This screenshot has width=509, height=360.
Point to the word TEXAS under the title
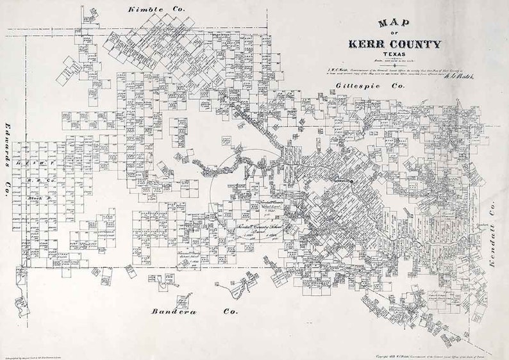(x=395, y=54)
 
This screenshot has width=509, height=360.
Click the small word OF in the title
(x=395, y=33)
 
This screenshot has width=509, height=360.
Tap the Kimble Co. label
(x=156, y=10)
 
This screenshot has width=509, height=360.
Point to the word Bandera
(x=173, y=311)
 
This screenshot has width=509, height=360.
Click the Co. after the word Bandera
(x=228, y=311)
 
